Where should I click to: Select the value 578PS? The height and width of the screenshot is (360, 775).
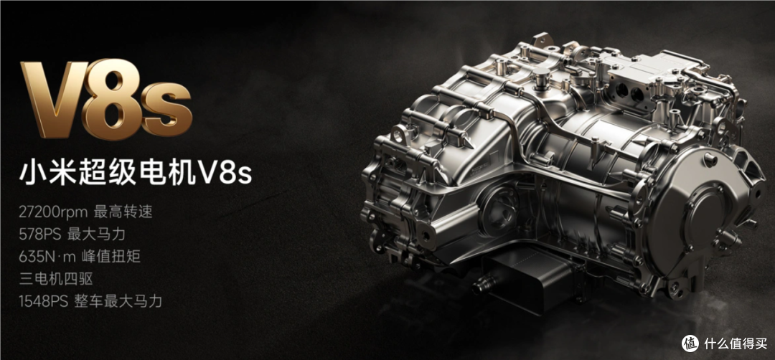pyautogui.click(x=40, y=235)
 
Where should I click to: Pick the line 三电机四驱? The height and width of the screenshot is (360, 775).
pyautogui.click(x=56, y=279)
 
